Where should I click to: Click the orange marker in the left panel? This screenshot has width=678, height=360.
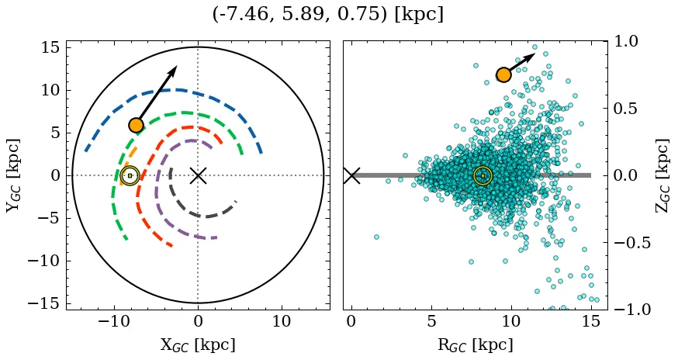[x=136, y=125]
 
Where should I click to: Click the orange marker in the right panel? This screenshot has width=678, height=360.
[x=503, y=74]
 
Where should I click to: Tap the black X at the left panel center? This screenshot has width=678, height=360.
[x=198, y=175]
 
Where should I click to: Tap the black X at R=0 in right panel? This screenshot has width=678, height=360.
[x=351, y=175]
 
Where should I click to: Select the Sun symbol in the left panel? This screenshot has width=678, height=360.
[x=130, y=176]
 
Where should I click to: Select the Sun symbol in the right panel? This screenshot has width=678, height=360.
[x=483, y=176]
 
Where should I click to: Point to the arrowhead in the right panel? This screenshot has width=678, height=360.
[x=532, y=56]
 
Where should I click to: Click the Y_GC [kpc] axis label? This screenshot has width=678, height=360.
[x=12, y=175]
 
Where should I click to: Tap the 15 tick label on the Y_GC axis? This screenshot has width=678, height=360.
[x=50, y=47]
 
